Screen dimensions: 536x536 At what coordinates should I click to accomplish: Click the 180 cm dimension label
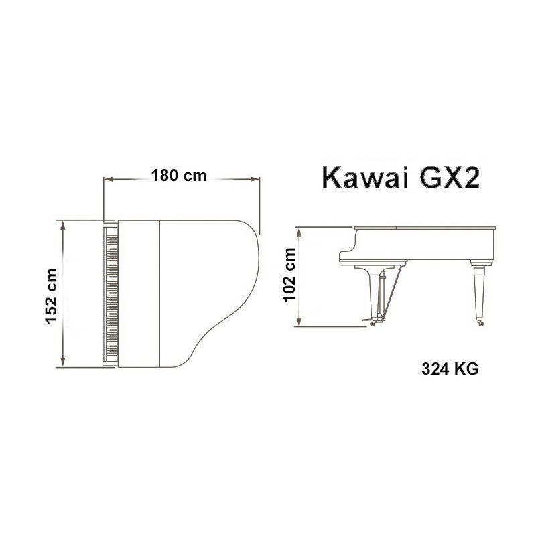[179, 176]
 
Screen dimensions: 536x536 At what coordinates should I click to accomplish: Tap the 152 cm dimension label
[52, 296]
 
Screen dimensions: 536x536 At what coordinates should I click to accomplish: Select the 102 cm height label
[289, 275]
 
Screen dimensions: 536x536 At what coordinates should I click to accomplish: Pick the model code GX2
[450, 178]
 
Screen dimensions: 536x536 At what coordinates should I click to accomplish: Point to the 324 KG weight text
[450, 369]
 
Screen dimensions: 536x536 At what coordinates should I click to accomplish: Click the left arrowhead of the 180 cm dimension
[109, 178]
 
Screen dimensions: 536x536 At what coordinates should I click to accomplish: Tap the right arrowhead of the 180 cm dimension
[255, 178]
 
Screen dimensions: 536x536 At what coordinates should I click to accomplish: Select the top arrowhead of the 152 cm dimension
[62, 225]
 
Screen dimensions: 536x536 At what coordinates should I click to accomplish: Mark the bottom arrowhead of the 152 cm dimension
[62, 362]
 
